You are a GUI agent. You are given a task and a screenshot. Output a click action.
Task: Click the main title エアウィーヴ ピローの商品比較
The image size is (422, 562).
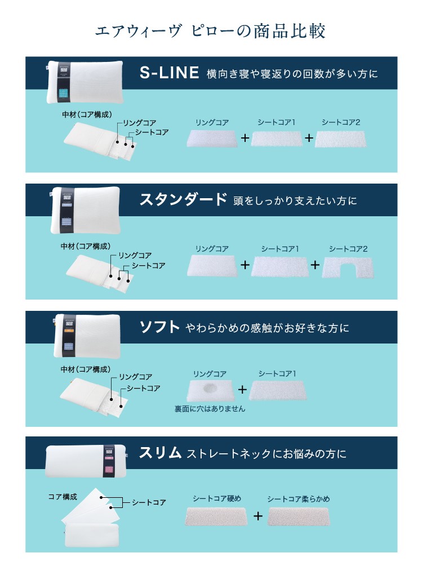click(x=211, y=31)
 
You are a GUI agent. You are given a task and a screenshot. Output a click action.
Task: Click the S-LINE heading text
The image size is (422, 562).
click(x=170, y=73)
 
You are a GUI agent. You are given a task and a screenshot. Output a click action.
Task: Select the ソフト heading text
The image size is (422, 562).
click(x=159, y=327)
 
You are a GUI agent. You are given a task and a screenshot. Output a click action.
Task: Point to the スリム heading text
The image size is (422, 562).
click(x=160, y=453)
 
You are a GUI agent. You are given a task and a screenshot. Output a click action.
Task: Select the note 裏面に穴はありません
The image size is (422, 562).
click(x=210, y=409)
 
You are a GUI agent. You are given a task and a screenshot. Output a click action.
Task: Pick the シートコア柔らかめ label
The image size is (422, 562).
click(x=298, y=499)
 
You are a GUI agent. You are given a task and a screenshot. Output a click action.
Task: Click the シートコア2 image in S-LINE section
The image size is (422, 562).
click(x=341, y=139)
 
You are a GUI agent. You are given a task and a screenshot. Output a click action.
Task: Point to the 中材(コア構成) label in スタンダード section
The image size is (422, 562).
click(x=85, y=246)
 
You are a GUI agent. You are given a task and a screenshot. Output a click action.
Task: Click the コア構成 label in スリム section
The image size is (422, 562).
click(x=62, y=497)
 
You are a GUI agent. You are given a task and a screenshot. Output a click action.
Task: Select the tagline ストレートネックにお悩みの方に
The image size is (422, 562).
click(x=267, y=453)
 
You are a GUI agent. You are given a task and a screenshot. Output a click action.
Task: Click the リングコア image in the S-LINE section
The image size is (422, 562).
click(x=212, y=139)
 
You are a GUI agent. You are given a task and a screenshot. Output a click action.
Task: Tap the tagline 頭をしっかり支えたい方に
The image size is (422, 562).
click(x=295, y=200)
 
